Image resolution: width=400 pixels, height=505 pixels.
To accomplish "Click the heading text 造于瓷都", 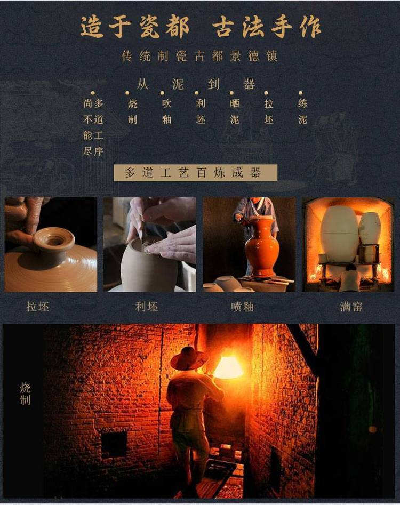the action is tap(134, 27).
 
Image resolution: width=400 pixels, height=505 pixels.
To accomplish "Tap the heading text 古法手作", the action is tap(267, 27).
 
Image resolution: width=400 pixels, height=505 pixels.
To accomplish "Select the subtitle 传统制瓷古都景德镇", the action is tap(199, 56).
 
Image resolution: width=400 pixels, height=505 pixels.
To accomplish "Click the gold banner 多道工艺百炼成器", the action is tap(196, 173).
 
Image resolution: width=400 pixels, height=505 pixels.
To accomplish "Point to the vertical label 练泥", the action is tap(302, 111).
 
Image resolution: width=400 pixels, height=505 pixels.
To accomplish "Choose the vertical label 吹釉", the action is tap(166, 111).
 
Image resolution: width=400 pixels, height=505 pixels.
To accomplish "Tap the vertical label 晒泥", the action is tap(235, 111).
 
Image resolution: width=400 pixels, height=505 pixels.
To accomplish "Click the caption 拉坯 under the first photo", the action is tap(38, 307).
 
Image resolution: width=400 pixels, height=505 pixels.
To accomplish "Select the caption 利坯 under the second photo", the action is tap(147, 307).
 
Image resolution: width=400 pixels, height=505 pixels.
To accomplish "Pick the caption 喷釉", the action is tap(242, 307).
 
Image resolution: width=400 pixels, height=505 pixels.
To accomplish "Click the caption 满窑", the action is tap(351, 307).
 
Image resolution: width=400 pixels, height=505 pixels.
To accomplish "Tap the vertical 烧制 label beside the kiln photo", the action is tap(25, 394).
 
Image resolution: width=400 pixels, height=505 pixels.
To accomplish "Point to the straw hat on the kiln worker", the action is tap(189, 358).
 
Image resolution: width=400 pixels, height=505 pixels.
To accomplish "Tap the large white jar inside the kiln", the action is tap(339, 234).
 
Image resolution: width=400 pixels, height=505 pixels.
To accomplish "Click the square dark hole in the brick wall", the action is tap(114, 444).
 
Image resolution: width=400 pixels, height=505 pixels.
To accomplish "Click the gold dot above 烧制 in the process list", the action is tap(127, 93).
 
